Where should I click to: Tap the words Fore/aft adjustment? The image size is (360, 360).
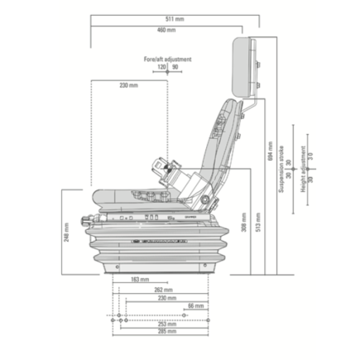pyautogui.click(x=167, y=60)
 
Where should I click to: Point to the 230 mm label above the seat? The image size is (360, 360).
pyautogui.click(x=128, y=85)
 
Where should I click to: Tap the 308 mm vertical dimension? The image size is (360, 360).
pyautogui.click(x=243, y=222)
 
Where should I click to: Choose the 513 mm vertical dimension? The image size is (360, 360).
pyautogui.click(x=257, y=221)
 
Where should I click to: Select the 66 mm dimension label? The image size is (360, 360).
pyautogui.click(x=195, y=306)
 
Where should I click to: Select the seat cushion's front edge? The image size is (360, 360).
pyautogui.click(x=98, y=198)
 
